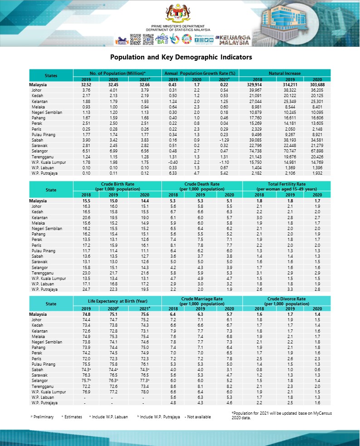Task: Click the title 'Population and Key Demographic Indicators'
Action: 181,58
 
